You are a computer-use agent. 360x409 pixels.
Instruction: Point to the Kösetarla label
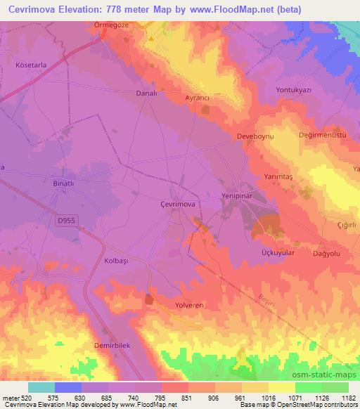(31, 65)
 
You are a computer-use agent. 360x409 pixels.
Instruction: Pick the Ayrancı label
(198, 98)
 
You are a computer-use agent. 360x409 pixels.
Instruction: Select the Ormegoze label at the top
(113, 25)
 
